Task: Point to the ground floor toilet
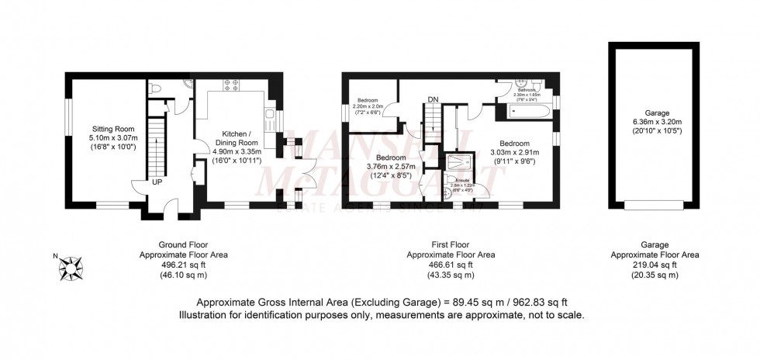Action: tap(156, 88)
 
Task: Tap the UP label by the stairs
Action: tap(157, 182)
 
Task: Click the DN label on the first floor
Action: tap(434, 99)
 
